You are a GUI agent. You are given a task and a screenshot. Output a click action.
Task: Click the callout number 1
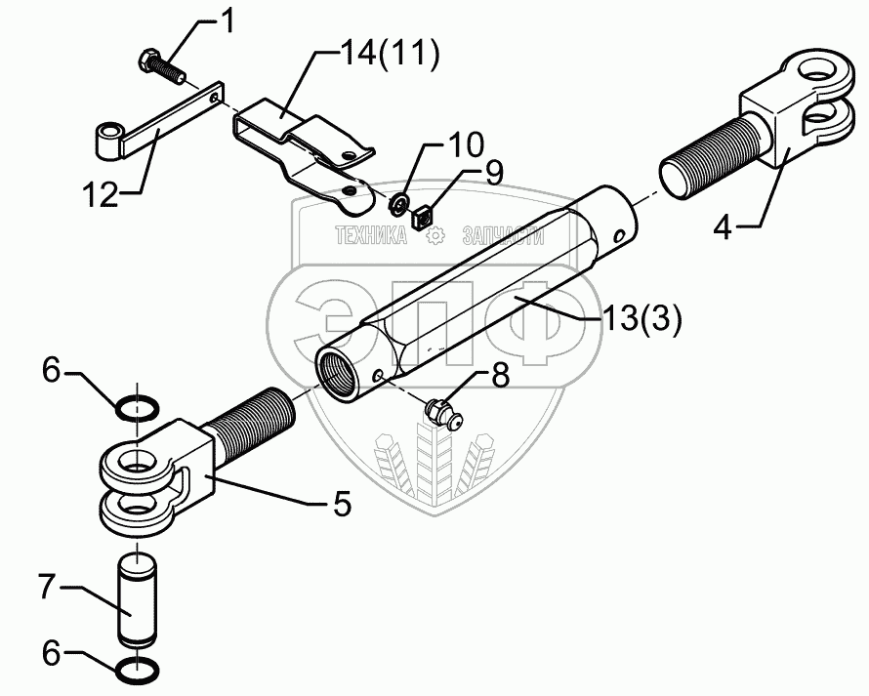[x=228, y=21]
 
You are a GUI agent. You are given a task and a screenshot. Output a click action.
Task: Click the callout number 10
[x=466, y=146]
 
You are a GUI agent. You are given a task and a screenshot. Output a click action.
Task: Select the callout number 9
[x=494, y=173]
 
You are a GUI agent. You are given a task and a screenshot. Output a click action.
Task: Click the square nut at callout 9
[x=422, y=217]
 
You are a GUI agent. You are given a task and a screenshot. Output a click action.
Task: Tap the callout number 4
[x=723, y=230]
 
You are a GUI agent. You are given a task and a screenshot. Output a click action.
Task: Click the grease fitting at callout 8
[x=442, y=413]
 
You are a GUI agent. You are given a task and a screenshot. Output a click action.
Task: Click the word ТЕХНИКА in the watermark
[x=370, y=234]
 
